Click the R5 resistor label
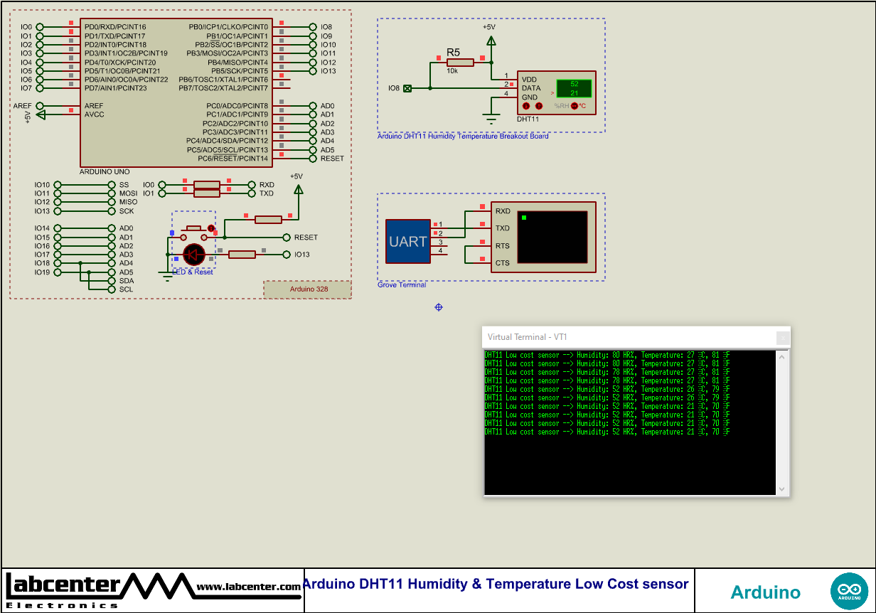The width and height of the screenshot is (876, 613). [453, 52]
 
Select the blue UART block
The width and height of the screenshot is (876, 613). [408, 242]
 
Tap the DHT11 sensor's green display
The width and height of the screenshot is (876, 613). [573, 88]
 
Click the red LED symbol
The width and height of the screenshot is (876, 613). [194, 254]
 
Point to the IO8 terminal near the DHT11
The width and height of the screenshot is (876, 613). [407, 88]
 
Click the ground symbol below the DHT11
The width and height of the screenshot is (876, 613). [490, 118]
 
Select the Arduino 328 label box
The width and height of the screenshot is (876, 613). [308, 289]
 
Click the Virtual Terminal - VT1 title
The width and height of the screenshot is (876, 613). [527, 337]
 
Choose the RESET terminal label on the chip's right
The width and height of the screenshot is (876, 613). [332, 159]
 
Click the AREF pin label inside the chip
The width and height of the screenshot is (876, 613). [94, 106]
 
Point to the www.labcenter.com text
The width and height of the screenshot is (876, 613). [248, 587]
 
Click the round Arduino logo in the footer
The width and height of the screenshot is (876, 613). [849, 591]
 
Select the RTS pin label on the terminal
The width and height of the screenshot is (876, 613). [502, 246]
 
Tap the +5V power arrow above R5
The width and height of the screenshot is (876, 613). [489, 39]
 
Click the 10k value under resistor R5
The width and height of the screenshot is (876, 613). [452, 71]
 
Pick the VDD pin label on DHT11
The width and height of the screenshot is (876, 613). [529, 80]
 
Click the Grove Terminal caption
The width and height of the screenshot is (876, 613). [402, 285]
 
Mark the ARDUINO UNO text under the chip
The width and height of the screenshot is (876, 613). [105, 172]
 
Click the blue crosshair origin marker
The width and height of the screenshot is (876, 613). [439, 306]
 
